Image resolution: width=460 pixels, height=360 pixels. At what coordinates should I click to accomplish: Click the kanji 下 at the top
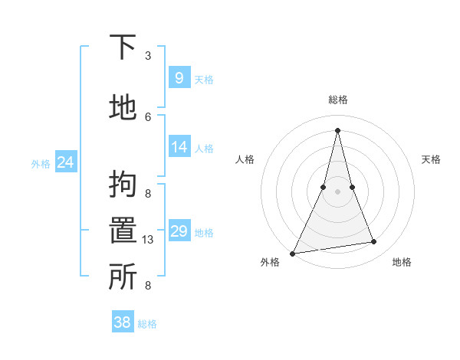pyautogui.click(x=122, y=48)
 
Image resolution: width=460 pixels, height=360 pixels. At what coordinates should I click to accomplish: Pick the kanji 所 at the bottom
pyautogui.click(x=122, y=277)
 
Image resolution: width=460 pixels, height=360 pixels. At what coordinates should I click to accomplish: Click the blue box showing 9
pyautogui.click(x=179, y=77)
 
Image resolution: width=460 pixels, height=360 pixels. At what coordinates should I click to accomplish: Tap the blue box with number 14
pyautogui.click(x=179, y=147)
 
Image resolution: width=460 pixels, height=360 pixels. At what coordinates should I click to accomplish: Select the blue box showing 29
pyautogui.click(x=179, y=231)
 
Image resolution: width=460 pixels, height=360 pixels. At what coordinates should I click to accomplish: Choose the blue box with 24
pyautogui.click(x=65, y=162)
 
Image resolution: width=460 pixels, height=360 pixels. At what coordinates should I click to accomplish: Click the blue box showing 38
pyautogui.click(x=123, y=322)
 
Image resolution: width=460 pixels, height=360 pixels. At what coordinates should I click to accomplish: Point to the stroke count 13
pyautogui.click(x=148, y=240)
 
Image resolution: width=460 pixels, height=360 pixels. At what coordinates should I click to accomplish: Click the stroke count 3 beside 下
pyautogui.click(x=148, y=56)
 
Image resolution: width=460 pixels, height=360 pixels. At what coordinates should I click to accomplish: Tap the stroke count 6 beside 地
pyautogui.click(x=148, y=116)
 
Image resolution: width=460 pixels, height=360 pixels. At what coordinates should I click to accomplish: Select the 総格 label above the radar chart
pyautogui.click(x=337, y=100)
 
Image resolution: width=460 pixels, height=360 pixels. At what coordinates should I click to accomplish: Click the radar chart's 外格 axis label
pyautogui.click(x=270, y=263)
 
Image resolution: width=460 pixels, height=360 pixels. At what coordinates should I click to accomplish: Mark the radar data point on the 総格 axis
pyautogui.click(x=337, y=130)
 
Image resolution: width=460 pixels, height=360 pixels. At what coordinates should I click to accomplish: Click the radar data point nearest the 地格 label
pyautogui.click(x=374, y=242)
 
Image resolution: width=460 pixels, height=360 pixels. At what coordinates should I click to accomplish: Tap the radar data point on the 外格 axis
pyautogui.click(x=292, y=254)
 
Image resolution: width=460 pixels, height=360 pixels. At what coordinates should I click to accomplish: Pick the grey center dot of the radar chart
pyautogui.click(x=337, y=191)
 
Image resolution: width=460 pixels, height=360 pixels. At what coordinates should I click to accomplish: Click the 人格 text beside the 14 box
pyautogui.click(x=204, y=148)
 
